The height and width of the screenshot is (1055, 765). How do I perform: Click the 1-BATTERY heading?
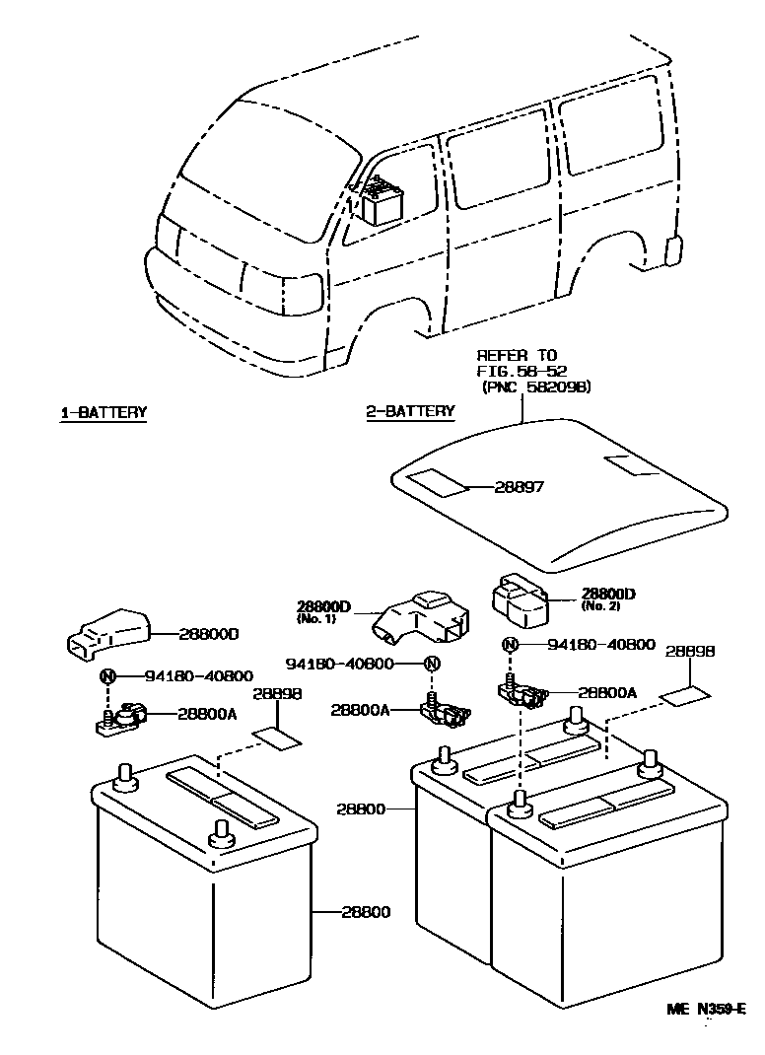(x=104, y=412)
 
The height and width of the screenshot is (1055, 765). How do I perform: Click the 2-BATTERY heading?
(x=411, y=411)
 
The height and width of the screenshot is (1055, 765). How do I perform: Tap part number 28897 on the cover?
(x=520, y=487)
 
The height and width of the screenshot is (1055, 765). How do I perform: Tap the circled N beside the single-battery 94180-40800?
(x=108, y=676)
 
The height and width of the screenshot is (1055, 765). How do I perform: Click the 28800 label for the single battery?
(x=366, y=912)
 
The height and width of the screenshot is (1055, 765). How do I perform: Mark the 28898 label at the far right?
(x=689, y=653)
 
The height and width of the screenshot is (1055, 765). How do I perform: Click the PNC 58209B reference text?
(x=535, y=387)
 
